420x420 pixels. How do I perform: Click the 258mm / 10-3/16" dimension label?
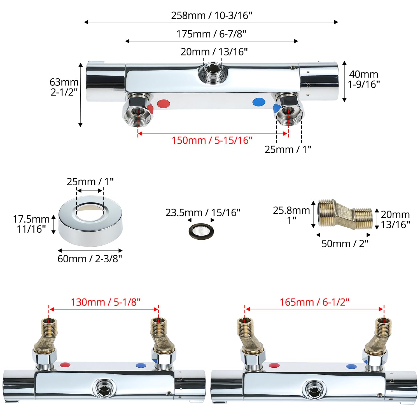[x=211, y=15]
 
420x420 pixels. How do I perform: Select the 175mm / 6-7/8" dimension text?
[x=211, y=34]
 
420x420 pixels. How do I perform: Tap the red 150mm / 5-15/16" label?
[x=212, y=140]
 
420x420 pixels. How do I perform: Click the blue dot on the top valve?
[x=259, y=102]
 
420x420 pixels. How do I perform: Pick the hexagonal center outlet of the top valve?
[x=213, y=73]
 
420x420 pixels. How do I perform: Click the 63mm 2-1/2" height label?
[x=64, y=87]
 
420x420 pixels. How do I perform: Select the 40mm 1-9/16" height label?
[x=364, y=79]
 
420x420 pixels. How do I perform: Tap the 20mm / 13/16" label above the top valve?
[x=214, y=52]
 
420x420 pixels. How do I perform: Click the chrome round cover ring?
[x=90, y=221]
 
